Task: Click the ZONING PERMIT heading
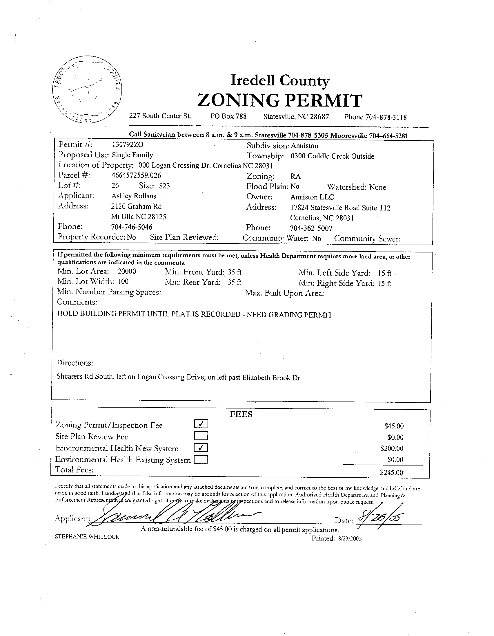coord(280,100)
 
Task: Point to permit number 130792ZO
coord(128,144)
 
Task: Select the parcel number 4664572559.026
coord(136,175)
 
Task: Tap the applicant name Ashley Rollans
coord(134,196)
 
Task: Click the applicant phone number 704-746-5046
coord(132,227)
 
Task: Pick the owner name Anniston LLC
coord(312,197)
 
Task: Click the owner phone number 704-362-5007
coord(311,228)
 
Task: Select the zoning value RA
coord(295,177)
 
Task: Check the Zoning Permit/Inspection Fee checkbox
coord(201,424)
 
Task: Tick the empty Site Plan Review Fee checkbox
coord(201,436)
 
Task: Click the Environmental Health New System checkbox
coord(201,447)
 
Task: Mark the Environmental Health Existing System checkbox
coord(201,459)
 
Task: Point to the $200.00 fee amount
coord(392,448)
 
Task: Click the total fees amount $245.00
coord(392,472)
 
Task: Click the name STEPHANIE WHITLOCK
coord(87,537)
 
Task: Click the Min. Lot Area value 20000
coord(127,272)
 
